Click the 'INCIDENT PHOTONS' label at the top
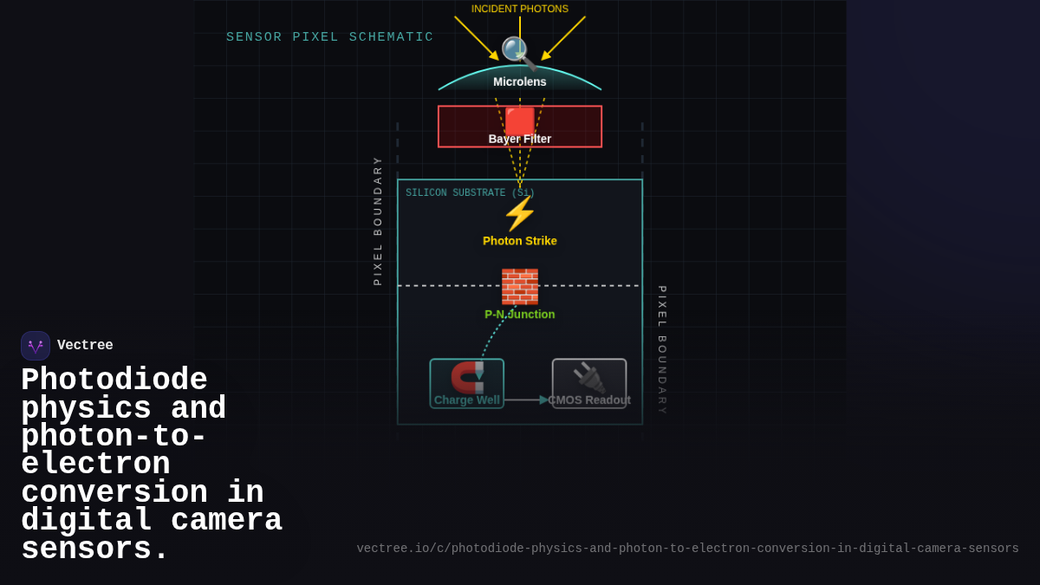(x=520, y=10)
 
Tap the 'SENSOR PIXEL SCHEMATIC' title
(x=329, y=37)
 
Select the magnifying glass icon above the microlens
(x=518, y=52)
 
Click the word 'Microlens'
(x=520, y=81)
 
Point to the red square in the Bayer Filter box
(x=520, y=120)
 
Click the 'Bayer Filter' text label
(x=520, y=139)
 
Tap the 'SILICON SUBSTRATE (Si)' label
(x=470, y=193)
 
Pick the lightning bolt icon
(x=520, y=213)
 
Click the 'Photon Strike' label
(x=520, y=241)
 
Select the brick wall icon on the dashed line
(x=520, y=286)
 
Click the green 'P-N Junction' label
(x=520, y=315)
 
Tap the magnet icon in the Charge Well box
(x=468, y=377)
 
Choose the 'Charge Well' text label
(x=467, y=400)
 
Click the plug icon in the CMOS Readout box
(x=589, y=378)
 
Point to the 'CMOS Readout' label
(x=589, y=400)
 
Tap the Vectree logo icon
(x=36, y=346)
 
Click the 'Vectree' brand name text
(x=85, y=346)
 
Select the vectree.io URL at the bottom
(x=687, y=549)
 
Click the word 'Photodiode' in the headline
(x=114, y=380)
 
